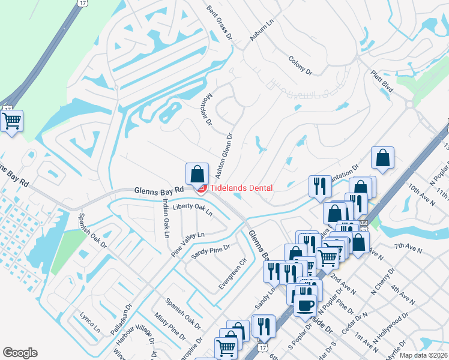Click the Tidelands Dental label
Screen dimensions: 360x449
(x=241, y=188)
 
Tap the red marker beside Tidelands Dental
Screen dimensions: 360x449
(x=202, y=188)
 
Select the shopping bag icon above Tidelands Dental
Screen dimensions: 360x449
(x=197, y=174)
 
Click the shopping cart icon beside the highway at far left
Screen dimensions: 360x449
(x=11, y=121)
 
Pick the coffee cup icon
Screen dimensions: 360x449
(x=305, y=304)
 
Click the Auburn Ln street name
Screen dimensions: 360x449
(x=261, y=30)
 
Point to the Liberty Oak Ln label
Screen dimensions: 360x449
(x=193, y=209)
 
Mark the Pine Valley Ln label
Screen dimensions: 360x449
(x=188, y=244)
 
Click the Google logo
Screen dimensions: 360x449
(x=20, y=353)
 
